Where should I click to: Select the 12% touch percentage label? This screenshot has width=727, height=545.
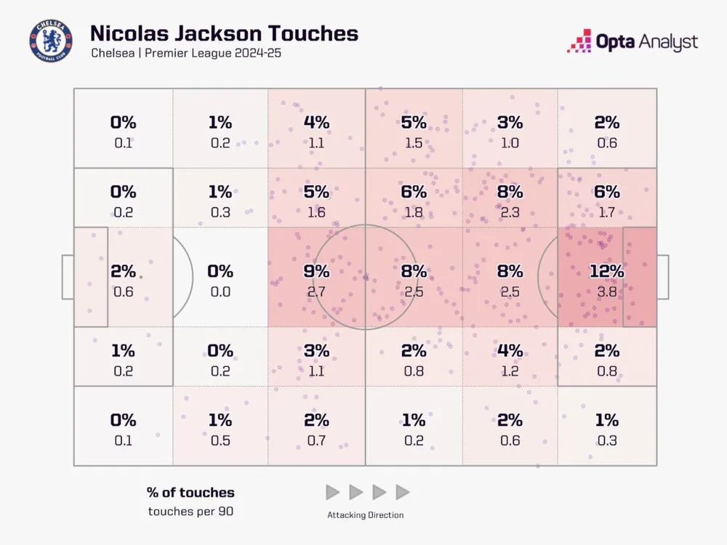pos(606,272)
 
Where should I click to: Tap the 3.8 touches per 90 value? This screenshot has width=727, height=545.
pos(606,291)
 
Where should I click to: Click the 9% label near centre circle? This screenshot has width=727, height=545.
pos(316,272)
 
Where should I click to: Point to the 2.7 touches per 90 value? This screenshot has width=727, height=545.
pos(316,291)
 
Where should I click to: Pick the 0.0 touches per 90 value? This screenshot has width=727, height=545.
pos(220,291)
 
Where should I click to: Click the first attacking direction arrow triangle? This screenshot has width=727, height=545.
pos(332,493)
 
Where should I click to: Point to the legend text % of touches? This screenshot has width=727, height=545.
pos(190,493)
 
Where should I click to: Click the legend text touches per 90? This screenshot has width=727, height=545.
pos(190,511)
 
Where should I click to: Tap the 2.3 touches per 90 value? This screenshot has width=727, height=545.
pos(510,212)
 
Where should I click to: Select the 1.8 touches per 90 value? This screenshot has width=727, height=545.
pos(413,212)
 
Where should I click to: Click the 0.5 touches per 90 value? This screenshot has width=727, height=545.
pos(220,440)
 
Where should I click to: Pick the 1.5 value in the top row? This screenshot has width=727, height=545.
pos(413,143)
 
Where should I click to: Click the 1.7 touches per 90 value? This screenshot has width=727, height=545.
pos(606,212)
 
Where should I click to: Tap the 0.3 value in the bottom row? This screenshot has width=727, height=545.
pos(606,440)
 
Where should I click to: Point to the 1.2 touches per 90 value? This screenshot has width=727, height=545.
pos(510,371)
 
